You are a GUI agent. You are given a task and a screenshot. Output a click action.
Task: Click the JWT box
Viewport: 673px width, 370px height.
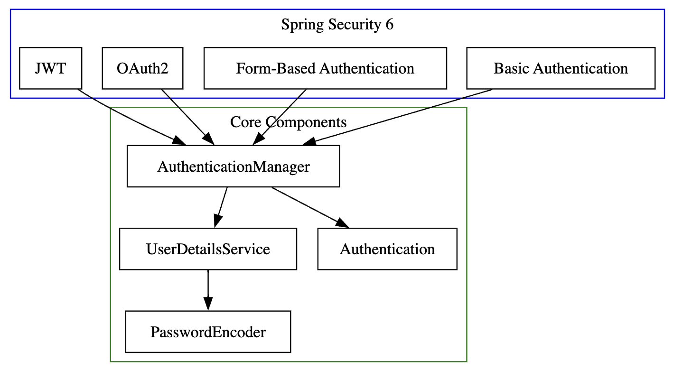50,68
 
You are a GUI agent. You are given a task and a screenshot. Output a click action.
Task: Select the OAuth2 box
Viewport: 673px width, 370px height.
142,68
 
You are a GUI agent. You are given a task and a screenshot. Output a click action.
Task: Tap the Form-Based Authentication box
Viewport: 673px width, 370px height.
325,68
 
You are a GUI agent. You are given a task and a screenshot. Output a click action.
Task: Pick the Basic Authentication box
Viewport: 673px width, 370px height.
561,68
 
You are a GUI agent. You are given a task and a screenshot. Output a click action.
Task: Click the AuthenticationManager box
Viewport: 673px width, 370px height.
233,166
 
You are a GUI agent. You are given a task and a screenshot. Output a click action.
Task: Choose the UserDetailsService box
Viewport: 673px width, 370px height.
208,249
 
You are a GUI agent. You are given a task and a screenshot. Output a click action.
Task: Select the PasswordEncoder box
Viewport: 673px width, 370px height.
208,332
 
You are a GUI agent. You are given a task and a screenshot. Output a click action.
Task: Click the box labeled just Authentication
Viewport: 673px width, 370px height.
387,249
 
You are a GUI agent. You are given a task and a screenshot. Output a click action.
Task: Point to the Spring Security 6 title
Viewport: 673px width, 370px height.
337,25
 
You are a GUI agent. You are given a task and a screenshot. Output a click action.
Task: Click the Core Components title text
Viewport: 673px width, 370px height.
288,122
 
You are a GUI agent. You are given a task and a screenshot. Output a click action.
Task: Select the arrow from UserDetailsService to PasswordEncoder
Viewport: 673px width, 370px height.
208,287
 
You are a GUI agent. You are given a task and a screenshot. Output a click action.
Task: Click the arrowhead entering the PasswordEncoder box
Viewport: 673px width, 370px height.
208,304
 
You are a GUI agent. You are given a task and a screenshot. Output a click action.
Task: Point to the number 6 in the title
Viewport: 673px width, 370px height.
389,25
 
